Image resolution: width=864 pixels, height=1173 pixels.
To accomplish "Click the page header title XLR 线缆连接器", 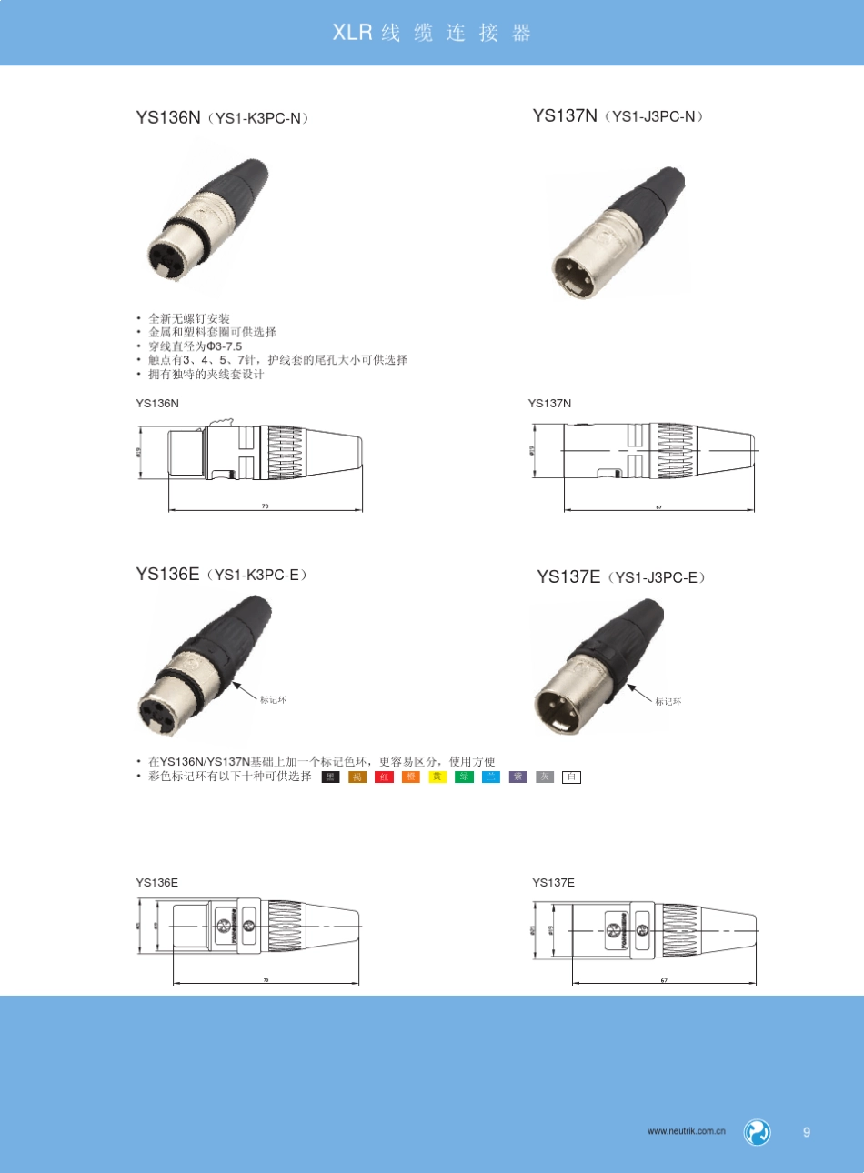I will (431, 33).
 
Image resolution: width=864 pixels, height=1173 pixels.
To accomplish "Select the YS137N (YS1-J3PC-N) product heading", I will (618, 115).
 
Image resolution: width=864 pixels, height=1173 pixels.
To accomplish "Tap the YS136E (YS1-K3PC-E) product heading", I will (222, 575).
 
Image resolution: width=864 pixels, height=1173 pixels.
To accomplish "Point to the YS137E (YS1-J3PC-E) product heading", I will (622, 576).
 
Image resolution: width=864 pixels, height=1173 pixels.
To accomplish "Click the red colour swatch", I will (384, 777).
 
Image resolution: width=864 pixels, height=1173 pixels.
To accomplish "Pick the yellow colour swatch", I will (437, 777).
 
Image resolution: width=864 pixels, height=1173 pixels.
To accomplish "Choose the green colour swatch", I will (464, 777).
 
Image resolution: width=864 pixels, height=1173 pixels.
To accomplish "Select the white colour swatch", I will (571, 777).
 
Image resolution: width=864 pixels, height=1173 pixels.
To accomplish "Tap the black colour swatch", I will (330, 777).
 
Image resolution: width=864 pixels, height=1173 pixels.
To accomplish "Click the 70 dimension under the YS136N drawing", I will (266, 506).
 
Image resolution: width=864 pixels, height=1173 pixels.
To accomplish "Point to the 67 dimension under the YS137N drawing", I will (659, 506).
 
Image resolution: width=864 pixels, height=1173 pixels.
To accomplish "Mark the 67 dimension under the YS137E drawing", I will (664, 980).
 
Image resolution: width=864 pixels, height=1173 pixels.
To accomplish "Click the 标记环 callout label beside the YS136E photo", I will (273, 700).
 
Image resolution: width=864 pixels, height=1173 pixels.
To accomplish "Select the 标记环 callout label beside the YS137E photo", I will (668, 702).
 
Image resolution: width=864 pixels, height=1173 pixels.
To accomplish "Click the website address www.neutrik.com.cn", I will (687, 1131).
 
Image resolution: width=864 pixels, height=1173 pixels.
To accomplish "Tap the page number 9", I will (807, 1132).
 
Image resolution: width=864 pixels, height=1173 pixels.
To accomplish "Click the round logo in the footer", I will (757, 1132).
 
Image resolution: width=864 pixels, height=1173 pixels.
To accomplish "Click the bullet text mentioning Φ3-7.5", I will (196, 346).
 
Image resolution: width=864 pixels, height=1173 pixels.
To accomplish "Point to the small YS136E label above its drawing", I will (157, 882).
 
